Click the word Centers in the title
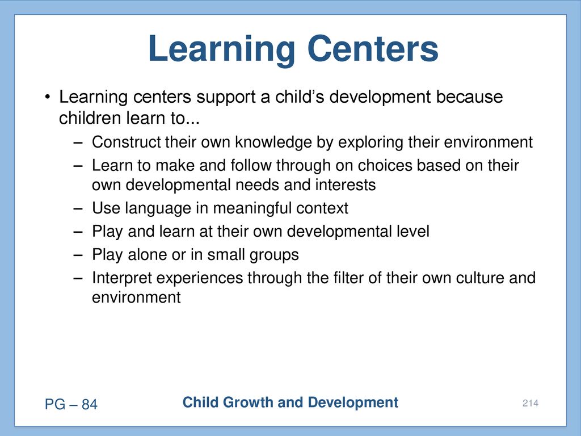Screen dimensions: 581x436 pos(373,49)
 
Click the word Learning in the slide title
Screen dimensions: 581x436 pos(222,51)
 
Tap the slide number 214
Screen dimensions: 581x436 pos(531,403)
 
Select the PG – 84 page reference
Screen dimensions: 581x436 pos(71,404)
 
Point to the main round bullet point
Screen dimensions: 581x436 pos(47,98)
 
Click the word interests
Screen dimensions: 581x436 pos(346,185)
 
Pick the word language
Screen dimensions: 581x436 pos(158,209)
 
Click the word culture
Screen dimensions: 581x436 pos(480,278)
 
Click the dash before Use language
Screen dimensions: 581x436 pos(78,209)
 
